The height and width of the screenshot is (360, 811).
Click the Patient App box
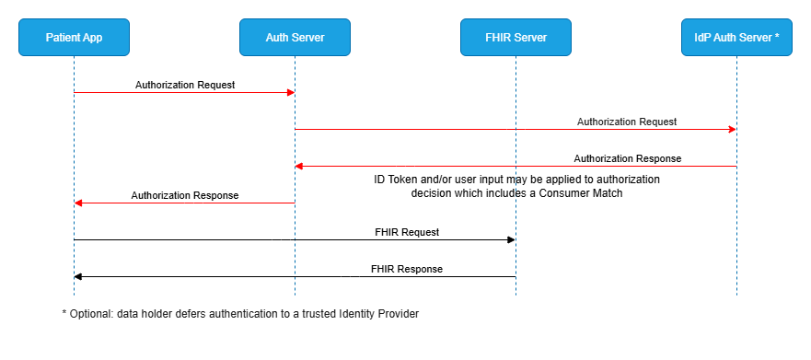74,38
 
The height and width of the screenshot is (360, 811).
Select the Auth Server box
295,38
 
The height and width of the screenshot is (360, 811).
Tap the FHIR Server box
516,38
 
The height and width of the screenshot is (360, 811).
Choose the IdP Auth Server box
736,38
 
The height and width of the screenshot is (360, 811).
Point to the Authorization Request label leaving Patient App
185,85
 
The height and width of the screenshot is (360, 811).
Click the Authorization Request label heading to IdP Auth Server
627,122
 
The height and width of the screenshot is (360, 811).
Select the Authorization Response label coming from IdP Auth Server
627,158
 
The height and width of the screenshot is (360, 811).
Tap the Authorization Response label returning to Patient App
185,195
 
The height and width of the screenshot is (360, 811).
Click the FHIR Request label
406,232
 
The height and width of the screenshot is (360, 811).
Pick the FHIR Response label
406,269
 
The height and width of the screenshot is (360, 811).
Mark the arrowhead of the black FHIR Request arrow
511,239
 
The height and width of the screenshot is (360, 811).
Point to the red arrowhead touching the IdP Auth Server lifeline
732,129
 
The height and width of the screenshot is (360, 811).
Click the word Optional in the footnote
89,314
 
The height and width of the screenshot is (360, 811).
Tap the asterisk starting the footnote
64,314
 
